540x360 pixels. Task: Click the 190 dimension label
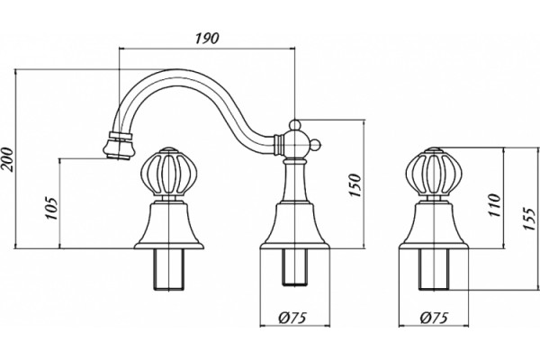pos(207,38)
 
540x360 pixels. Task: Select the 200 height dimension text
pos(7,159)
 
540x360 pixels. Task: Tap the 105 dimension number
pos(51,209)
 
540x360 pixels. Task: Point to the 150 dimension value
pos(355,185)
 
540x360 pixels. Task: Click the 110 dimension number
pos(494,205)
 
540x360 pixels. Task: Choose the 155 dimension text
pos(529,219)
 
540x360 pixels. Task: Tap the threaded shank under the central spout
pos(295,267)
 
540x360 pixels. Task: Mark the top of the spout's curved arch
pos(175,70)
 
